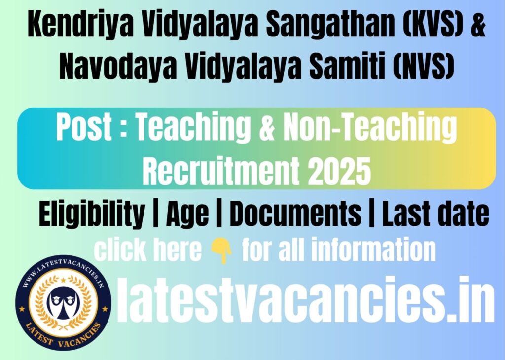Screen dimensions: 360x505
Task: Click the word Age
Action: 187,215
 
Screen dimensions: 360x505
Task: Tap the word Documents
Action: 296,214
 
